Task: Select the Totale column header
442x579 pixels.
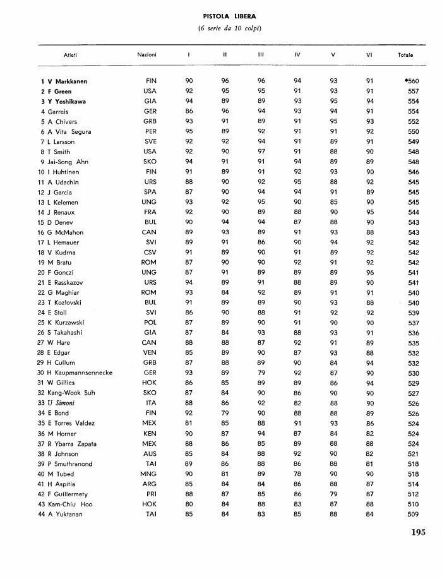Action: (405, 56)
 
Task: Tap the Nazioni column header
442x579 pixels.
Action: (146, 56)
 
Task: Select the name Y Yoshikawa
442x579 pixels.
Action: (66, 102)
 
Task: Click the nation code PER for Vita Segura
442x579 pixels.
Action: (150, 132)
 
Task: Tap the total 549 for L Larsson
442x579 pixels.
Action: (414, 142)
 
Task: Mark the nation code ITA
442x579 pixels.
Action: (151, 403)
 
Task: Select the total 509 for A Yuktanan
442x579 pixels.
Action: (414, 514)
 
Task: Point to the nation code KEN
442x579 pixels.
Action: (150, 433)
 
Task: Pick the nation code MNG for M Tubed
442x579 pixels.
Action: (150, 474)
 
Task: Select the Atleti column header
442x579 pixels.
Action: (70, 56)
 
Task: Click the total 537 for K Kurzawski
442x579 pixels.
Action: (414, 323)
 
